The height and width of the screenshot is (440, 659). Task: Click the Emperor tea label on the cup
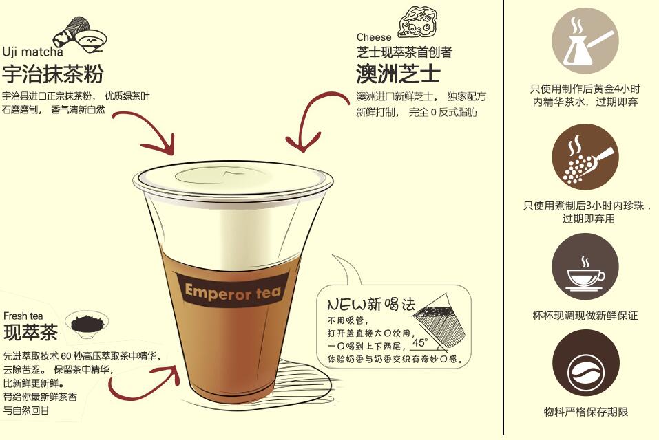[233, 291]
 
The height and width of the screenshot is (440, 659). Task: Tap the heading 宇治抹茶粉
[52, 74]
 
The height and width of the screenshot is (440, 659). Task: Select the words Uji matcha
[32, 52]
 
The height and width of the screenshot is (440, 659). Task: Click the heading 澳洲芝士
[398, 72]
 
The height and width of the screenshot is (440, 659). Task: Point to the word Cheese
[374, 37]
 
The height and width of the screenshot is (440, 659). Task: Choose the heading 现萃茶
[30, 333]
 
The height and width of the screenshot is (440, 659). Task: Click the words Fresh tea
[23, 316]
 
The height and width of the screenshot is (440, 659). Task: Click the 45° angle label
[420, 342]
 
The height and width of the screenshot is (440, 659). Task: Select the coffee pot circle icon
[585, 41]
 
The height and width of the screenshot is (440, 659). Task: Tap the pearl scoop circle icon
[585, 157]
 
